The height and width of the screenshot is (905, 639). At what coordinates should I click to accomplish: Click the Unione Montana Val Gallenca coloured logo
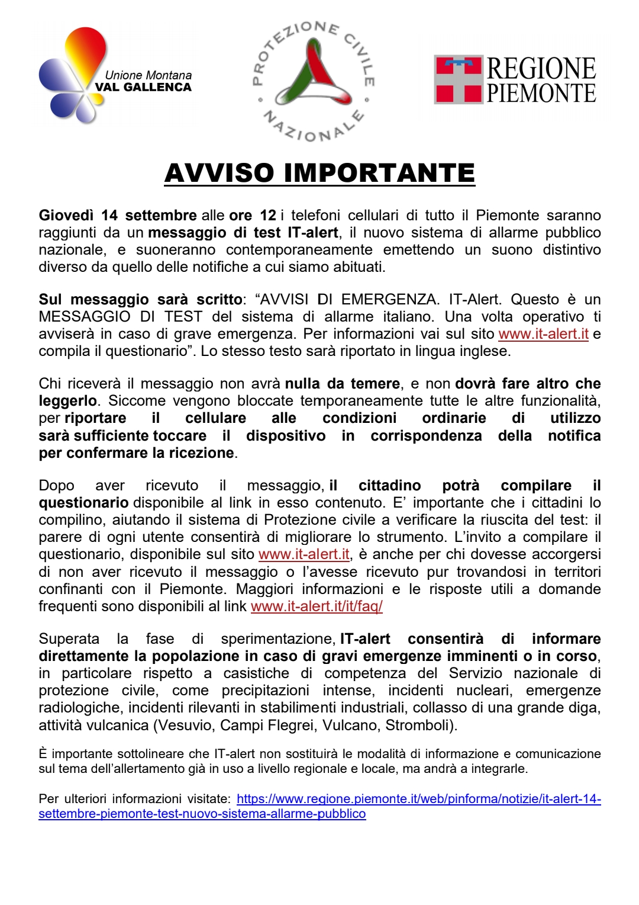tap(74, 76)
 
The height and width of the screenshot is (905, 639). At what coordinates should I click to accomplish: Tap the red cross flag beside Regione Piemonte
tap(459, 80)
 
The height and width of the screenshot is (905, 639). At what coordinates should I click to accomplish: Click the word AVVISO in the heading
tap(220, 173)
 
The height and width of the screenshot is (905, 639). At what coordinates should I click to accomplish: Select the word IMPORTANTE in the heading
tap(379, 173)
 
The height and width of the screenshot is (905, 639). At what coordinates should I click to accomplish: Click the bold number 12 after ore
tap(268, 216)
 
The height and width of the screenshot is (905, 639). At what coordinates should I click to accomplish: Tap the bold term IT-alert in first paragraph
tap(313, 233)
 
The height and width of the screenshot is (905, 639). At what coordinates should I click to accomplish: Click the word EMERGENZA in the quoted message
tap(389, 300)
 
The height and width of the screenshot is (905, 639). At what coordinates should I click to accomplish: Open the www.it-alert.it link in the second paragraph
tap(543, 334)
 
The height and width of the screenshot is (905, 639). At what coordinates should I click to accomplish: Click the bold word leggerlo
tap(67, 401)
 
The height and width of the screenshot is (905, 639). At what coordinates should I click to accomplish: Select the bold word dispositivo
tap(286, 436)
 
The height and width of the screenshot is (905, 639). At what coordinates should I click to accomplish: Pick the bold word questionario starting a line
tap(83, 503)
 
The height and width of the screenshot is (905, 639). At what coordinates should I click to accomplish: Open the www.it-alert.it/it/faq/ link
tap(317, 606)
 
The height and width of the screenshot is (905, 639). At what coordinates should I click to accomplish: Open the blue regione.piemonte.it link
tap(418, 799)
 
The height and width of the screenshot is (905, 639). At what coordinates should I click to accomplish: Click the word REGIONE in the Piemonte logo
tap(541, 69)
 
